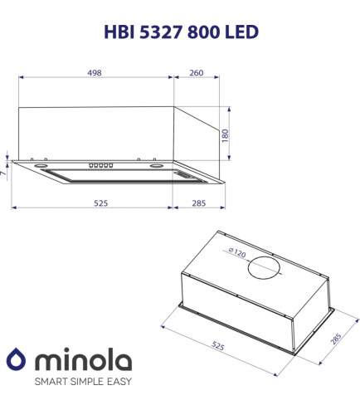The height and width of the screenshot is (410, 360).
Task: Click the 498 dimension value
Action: pyautogui.click(x=95, y=73)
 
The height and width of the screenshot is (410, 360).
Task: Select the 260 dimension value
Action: pyautogui.click(x=197, y=73)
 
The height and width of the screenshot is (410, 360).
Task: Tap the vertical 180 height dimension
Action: pyautogui.click(x=226, y=135)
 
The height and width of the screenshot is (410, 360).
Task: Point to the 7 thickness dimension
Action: pyautogui.click(x=3, y=173)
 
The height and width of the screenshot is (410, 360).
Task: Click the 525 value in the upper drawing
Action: pyautogui.click(x=100, y=203)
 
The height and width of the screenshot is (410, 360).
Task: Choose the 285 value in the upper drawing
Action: pyautogui.click(x=199, y=203)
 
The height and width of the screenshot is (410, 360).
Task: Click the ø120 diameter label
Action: pyautogui.click(x=237, y=252)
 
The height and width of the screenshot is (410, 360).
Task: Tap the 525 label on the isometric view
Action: pyautogui.click(x=218, y=345)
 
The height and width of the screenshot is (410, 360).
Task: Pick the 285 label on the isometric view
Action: pyautogui.click(x=336, y=339)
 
